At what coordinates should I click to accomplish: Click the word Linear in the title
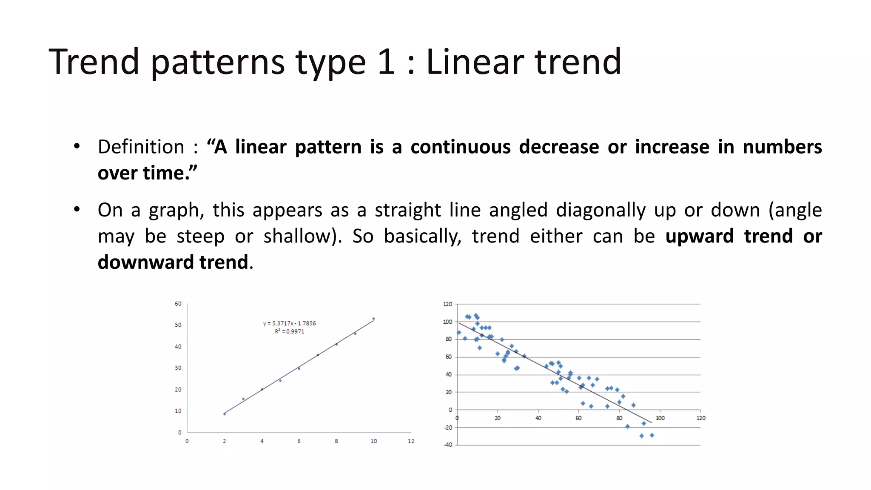[x=475, y=62]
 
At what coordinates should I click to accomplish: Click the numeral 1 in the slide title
[x=386, y=62]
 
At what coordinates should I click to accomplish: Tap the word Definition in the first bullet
[x=141, y=147]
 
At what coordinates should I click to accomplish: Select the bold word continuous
[x=460, y=147]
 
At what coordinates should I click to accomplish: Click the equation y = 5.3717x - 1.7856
[x=289, y=324]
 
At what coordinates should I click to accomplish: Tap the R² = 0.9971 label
[x=289, y=332]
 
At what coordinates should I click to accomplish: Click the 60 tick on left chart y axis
[x=178, y=304]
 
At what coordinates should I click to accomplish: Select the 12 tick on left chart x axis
[x=411, y=442]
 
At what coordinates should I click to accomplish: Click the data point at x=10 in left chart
[x=373, y=319]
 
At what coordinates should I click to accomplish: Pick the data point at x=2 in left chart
[x=225, y=414]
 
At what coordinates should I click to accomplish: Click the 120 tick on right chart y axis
[x=447, y=304]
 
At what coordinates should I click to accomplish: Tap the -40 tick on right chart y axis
[x=448, y=445]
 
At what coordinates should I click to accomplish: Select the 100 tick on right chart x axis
[x=660, y=419]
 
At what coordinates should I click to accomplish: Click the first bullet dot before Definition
[x=77, y=146]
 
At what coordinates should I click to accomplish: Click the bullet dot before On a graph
[x=77, y=210]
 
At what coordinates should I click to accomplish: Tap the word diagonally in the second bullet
[x=601, y=211]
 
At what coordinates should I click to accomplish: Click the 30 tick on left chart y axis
[x=178, y=368]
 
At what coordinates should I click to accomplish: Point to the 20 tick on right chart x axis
[x=497, y=419]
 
